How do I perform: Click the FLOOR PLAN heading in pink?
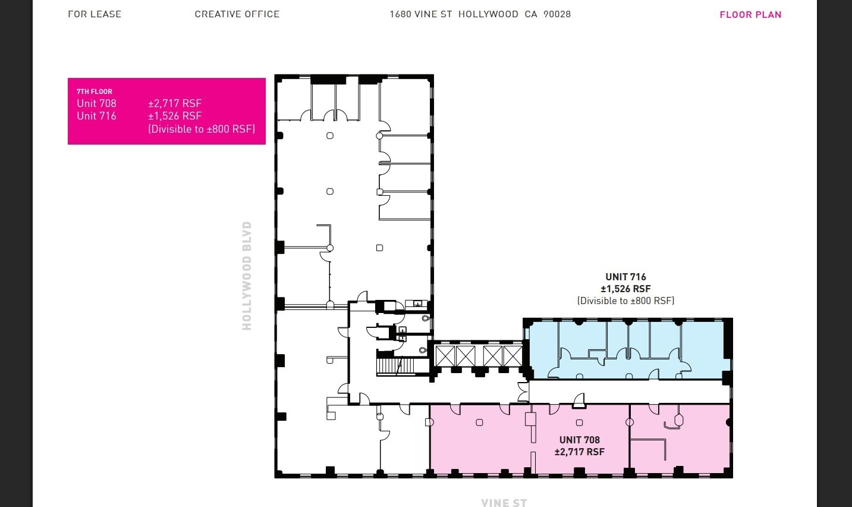click(x=750, y=15)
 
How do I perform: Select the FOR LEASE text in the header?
click(x=95, y=14)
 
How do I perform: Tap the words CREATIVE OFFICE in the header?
click(x=237, y=14)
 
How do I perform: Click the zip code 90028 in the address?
click(x=557, y=14)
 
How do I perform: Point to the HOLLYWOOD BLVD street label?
click(x=247, y=276)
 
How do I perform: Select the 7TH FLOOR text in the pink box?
click(x=95, y=92)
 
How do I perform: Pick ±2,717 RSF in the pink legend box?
click(x=175, y=104)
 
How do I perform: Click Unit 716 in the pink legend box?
click(x=96, y=116)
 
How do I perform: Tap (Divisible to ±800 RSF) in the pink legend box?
click(x=202, y=129)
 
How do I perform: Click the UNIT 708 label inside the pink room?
click(x=579, y=440)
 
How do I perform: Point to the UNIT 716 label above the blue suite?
click(x=625, y=277)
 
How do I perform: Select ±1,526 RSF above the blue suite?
click(x=625, y=289)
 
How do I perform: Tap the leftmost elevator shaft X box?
click(x=445, y=356)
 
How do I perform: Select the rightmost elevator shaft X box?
click(x=513, y=356)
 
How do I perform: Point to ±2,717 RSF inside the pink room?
click(x=579, y=452)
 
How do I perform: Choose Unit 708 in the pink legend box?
click(x=96, y=104)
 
